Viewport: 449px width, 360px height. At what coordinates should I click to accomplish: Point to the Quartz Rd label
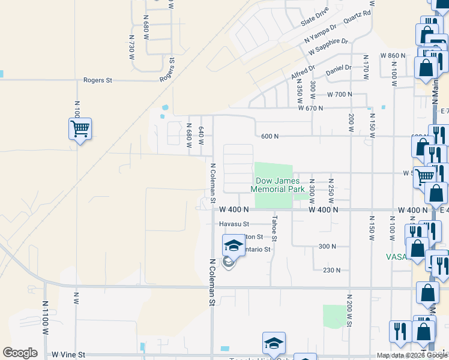point(357,18)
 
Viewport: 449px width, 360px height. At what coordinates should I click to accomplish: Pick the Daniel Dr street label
point(339,70)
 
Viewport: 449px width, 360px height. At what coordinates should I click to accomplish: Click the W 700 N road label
point(339,95)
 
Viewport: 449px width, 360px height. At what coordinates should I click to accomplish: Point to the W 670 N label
point(311,108)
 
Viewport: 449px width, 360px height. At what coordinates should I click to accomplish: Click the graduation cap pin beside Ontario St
point(234,245)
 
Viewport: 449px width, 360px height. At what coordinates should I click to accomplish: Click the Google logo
point(20,353)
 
